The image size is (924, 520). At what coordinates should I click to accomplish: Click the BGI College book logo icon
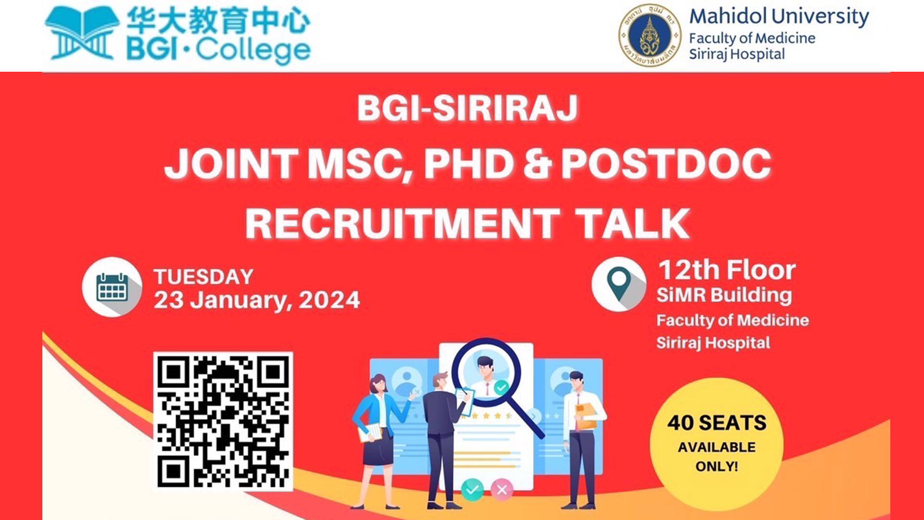point(82,33)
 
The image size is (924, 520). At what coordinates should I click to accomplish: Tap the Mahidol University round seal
point(650,35)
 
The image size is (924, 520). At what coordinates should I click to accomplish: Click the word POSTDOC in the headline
point(667,164)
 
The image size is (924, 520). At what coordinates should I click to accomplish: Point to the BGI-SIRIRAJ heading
point(467,108)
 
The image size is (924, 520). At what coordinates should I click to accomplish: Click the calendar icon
point(112,287)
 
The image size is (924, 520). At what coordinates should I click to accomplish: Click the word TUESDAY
point(204,277)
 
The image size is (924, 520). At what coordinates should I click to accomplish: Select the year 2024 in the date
point(329,300)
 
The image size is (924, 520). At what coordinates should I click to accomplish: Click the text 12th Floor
point(727,270)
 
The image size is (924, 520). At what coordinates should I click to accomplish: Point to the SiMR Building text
point(724,295)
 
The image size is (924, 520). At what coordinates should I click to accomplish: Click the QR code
point(223,421)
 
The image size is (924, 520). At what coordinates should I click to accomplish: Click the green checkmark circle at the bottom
point(473,490)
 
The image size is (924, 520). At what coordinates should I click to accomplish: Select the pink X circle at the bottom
point(502,490)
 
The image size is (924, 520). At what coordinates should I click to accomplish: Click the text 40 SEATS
point(717,423)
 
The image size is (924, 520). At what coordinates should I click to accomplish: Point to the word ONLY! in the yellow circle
point(717,466)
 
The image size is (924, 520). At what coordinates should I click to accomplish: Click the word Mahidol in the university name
point(728,16)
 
